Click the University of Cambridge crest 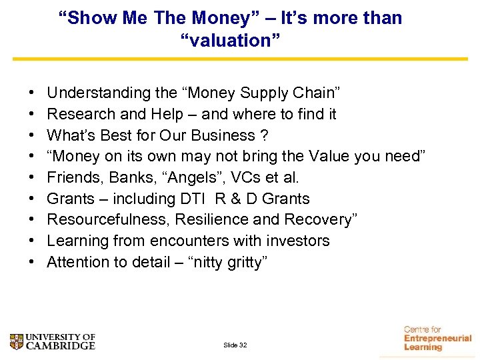click(17, 341)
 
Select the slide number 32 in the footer click(235, 345)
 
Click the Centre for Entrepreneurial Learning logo click(437, 338)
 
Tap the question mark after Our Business click(264, 135)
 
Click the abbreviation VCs click(243, 178)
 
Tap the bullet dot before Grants click(33, 199)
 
